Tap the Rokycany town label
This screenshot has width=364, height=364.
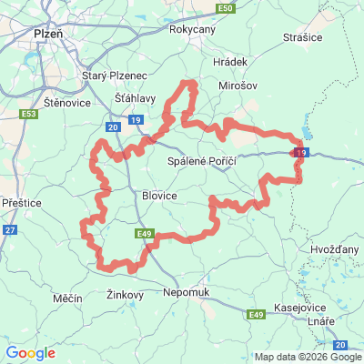click(192, 29)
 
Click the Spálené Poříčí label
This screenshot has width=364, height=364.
click(203, 161)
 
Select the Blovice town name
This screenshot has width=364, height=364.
click(159, 195)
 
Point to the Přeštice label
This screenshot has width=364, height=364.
click(21, 203)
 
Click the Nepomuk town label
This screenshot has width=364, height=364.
click(186, 292)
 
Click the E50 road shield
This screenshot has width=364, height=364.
click(227, 8)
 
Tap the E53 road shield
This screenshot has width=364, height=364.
click(28, 114)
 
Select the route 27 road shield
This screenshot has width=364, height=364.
click(10, 230)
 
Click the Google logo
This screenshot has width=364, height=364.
click(30, 353)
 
